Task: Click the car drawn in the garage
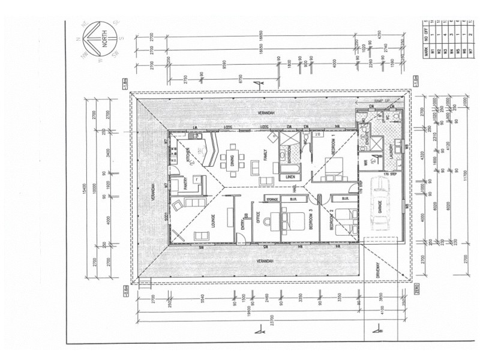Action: click(x=379, y=207)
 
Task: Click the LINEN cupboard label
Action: click(x=290, y=178)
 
